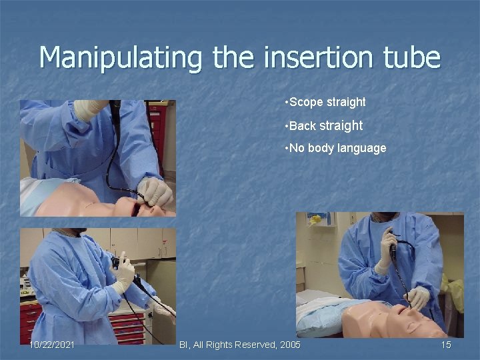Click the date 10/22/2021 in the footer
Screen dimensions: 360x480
tap(52, 344)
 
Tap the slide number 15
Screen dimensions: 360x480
tap(446, 344)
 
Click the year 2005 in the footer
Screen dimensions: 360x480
tap(288, 344)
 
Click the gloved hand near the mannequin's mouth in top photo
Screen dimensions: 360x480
tap(155, 191)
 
